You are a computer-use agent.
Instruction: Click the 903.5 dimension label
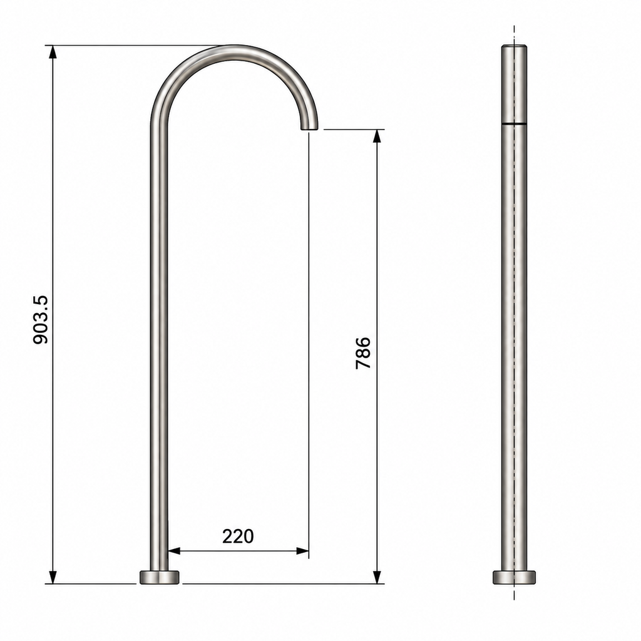pos(41,320)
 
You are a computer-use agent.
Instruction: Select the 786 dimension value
pos(363,353)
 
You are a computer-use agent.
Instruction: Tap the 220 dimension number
pos(238,536)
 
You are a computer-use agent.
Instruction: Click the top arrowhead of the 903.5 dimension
pos(53,52)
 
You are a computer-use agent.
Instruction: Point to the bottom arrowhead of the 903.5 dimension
pos(53,577)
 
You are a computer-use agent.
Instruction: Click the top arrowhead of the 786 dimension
pos(377,136)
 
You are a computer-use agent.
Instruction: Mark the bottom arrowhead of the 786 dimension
pos(377,577)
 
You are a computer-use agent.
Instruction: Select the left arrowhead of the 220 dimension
pos(175,551)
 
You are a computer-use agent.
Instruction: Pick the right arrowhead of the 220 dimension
pos(302,551)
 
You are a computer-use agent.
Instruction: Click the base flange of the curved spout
pos(160,577)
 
